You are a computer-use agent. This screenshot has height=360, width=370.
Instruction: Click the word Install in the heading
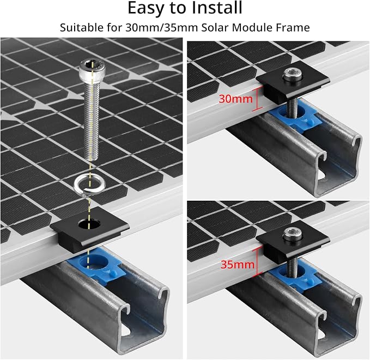(216, 8)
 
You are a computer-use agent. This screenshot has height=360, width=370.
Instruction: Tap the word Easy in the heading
(145, 9)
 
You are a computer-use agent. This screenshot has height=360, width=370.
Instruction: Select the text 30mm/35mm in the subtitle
(162, 28)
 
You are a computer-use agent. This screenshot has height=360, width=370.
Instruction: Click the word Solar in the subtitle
(215, 28)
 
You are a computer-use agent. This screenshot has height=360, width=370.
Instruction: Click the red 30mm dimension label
(235, 99)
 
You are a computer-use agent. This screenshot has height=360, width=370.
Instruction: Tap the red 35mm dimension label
(238, 265)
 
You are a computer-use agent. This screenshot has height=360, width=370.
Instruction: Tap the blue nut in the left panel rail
(97, 263)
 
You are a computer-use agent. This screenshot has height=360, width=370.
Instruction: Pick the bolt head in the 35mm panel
(293, 235)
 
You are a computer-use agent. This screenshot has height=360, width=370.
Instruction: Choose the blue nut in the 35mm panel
(295, 275)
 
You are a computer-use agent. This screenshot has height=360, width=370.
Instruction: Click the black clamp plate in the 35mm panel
(293, 238)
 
